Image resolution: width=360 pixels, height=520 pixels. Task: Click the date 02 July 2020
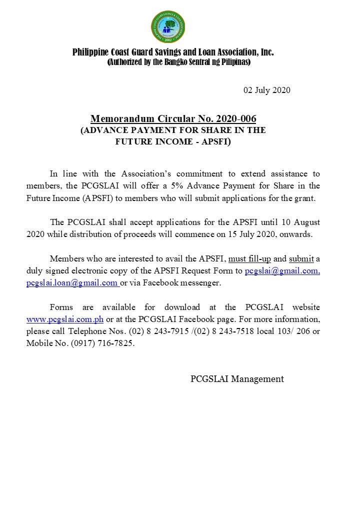click(x=267, y=90)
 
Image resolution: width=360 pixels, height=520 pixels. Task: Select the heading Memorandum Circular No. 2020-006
click(x=173, y=119)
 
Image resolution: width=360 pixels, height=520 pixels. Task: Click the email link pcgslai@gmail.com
click(x=282, y=271)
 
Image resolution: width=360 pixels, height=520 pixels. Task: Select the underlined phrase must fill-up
click(x=249, y=258)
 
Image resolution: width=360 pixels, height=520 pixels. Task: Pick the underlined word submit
click(x=301, y=258)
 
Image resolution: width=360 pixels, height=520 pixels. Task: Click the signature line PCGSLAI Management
click(x=237, y=379)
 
